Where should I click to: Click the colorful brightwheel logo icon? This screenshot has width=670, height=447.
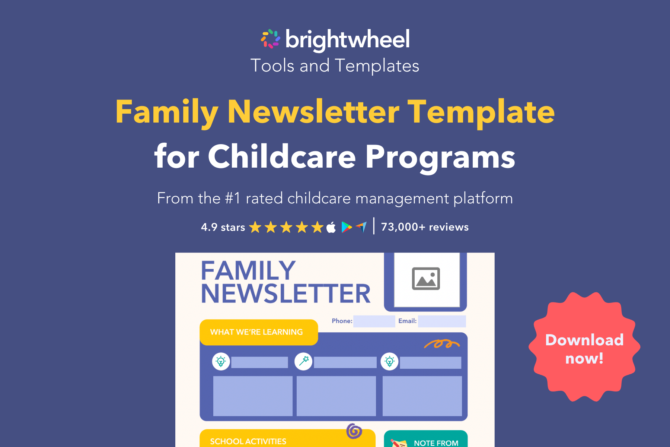pyautogui.click(x=271, y=39)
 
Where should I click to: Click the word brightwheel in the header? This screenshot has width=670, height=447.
pyautogui.click(x=347, y=39)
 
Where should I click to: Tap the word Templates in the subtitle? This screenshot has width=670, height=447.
pyautogui.click(x=377, y=66)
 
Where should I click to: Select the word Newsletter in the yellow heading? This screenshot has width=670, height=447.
pyautogui.click(x=313, y=112)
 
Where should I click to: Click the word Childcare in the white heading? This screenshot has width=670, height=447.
pyautogui.click(x=282, y=157)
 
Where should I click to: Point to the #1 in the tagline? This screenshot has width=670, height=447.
pyautogui.click(x=233, y=198)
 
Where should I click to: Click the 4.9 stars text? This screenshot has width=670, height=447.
pyautogui.click(x=223, y=227)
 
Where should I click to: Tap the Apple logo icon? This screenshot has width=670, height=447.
pyautogui.click(x=331, y=227)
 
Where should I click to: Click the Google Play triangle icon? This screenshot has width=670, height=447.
pyautogui.click(x=346, y=227)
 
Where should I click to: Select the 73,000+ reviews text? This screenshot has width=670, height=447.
pyautogui.click(x=425, y=227)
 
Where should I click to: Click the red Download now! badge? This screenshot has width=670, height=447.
pyautogui.click(x=584, y=347)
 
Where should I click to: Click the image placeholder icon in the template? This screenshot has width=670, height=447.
pyautogui.click(x=426, y=279)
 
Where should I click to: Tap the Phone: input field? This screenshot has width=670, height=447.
pyautogui.click(x=374, y=321)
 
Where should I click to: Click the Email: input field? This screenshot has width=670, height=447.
pyautogui.click(x=441, y=321)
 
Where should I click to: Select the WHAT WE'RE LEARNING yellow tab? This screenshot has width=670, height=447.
pyautogui.click(x=258, y=332)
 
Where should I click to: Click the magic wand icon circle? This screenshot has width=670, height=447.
pyautogui.click(x=303, y=361)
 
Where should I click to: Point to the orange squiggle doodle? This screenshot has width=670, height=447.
pyautogui.click(x=441, y=343)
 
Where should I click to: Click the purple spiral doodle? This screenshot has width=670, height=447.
pyautogui.click(x=354, y=431)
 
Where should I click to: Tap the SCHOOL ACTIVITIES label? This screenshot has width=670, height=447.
pyautogui.click(x=248, y=441)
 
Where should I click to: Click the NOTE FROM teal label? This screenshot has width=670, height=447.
pyautogui.click(x=436, y=443)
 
